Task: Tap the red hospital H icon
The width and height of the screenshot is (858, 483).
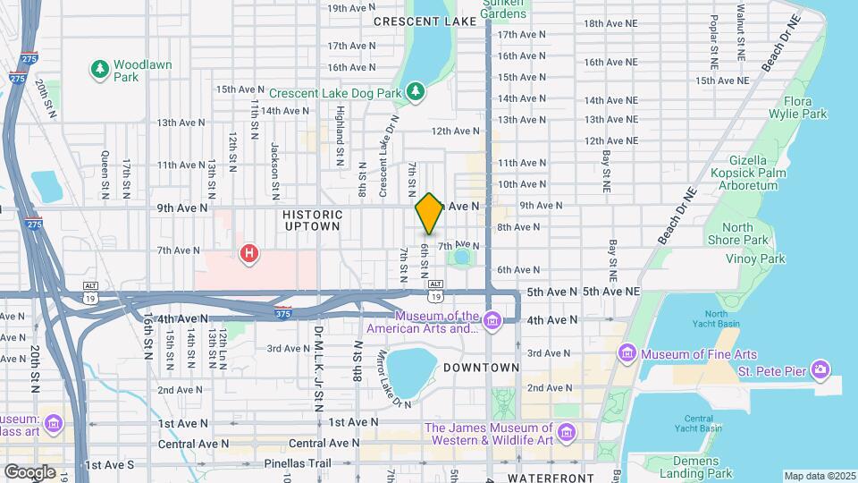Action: (249, 254)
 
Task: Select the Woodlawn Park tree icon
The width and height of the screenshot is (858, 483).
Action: (100, 69)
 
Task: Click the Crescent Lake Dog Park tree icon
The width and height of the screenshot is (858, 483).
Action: (415, 91)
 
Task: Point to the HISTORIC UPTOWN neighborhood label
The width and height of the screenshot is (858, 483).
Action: (312, 220)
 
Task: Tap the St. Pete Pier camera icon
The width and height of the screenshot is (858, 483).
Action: (820, 369)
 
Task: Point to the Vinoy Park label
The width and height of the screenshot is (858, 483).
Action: (754, 258)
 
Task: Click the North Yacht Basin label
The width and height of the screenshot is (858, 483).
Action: (716, 319)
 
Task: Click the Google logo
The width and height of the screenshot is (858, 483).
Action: (29, 471)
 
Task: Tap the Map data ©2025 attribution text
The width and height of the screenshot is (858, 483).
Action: (818, 476)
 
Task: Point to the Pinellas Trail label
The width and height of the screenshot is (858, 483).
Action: (297, 463)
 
